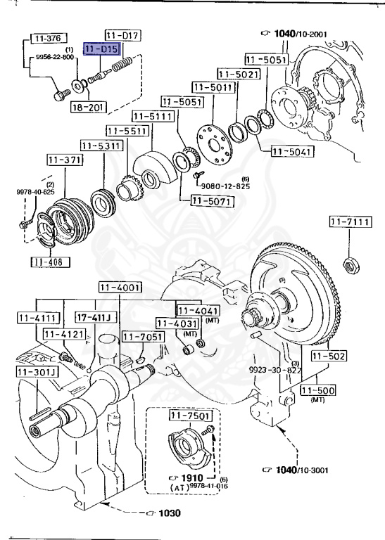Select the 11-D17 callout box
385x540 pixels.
124,34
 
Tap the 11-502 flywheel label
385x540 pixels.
329,356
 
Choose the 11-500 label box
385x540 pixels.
318,390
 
